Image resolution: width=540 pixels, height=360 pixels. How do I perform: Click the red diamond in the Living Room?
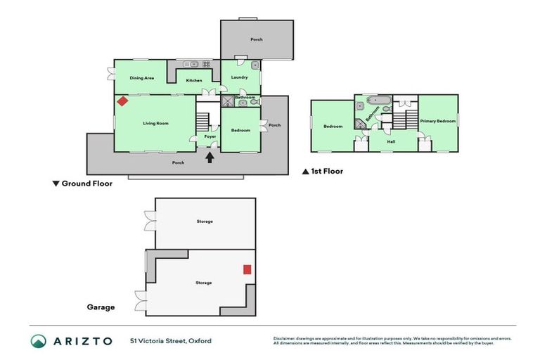122,101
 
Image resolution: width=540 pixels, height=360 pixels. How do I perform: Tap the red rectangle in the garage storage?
247,269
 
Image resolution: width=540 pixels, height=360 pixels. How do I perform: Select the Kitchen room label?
194,81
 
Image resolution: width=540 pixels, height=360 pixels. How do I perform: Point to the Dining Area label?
142,78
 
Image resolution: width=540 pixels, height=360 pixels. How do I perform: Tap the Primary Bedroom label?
438,122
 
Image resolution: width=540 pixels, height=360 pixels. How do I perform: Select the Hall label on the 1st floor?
391,142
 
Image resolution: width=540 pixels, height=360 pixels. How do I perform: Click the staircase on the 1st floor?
404,119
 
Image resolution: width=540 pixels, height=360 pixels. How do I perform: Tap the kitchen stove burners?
207,64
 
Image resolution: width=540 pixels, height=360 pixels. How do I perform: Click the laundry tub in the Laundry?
255,66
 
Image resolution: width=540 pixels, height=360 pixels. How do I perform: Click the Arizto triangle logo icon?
39,341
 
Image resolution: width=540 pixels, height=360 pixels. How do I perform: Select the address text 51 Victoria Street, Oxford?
170,341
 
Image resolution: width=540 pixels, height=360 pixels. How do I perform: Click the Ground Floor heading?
82,184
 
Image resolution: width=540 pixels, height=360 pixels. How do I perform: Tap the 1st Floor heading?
323,171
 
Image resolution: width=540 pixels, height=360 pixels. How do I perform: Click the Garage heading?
101,307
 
